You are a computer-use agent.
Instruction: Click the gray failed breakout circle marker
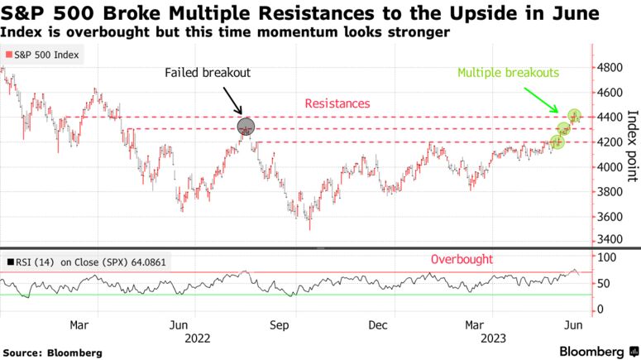click(246, 127)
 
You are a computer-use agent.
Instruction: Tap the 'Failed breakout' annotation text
click(207, 73)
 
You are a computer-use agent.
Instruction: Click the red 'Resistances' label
click(337, 103)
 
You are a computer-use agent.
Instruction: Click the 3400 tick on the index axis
click(610, 240)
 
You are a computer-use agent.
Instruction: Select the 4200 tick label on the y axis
click(610, 142)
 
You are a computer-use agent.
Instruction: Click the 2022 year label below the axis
click(197, 338)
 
